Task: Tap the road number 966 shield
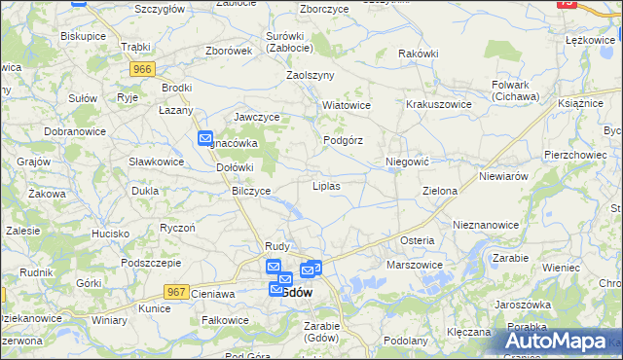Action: tap(143, 69)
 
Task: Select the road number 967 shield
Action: tap(176, 292)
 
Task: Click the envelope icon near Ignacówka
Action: tap(205, 139)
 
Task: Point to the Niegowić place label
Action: tap(407, 161)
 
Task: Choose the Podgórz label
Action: tap(343, 140)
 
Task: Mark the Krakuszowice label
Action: tap(439, 104)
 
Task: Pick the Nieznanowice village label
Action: tap(485, 224)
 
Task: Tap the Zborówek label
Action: tap(229, 52)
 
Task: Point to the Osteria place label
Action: tap(417, 240)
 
